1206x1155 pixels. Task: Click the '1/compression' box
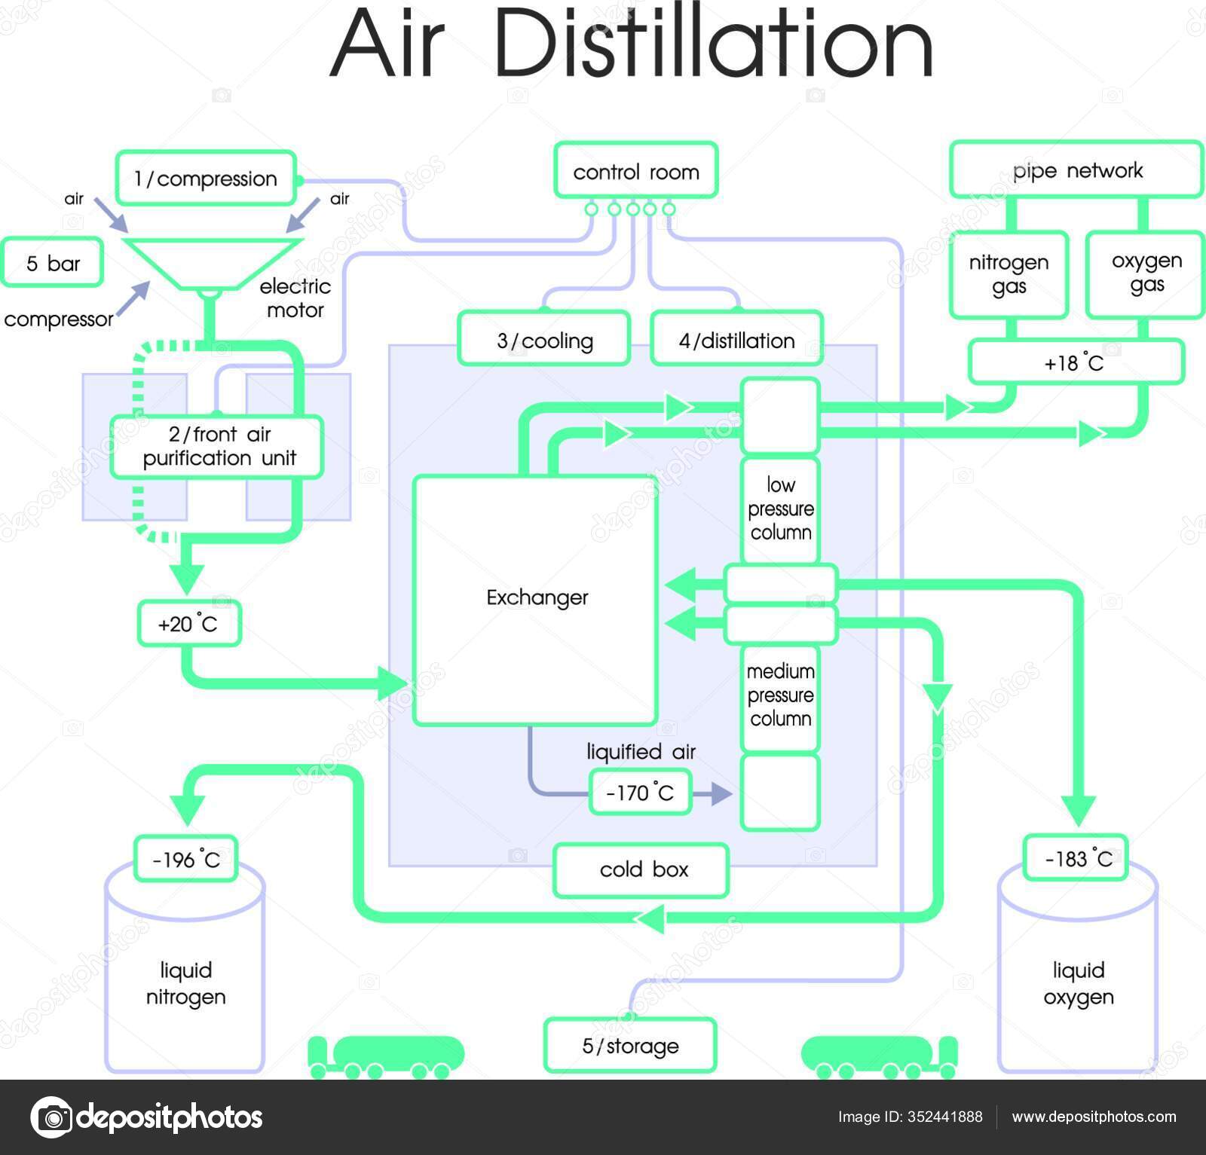pyautogui.click(x=206, y=179)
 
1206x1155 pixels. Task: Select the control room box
pyautogui.click(x=635, y=172)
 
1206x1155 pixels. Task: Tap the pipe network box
pyautogui.click(x=1076, y=170)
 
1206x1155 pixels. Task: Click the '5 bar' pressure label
pyautogui.click(x=53, y=263)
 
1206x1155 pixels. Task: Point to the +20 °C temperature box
pyautogui.click(x=188, y=624)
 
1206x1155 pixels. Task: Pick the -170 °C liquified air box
pyautogui.click(x=639, y=793)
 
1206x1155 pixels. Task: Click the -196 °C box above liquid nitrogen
pyautogui.click(x=185, y=859)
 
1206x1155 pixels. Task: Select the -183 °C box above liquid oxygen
pyautogui.click(x=1076, y=858)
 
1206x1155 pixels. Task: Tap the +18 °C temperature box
pyautogui.click(x=1075, y=363)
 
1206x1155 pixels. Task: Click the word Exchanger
pyautogui.click(x=537, y=597)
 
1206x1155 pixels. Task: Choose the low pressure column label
pyautogui.click(x=780, y=509)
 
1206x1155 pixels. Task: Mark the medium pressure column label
pyautogui.click(x=780, y=695)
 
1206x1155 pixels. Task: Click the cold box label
pyautogui.click(x=642, y=869)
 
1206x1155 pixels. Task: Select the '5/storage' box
pyautogui.click(x=629, y=1046)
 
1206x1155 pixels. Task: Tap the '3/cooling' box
pyautogui.click(x=544, y=341)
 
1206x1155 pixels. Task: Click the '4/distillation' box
pyautogui.click(x=736, y=341)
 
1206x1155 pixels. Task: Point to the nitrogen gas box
pyautogui.click(x=1009, y=274)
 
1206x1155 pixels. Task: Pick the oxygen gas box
pyautogui.click(x=1146, y=273)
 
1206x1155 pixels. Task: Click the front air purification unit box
pyautogui.click(x=218, y=447)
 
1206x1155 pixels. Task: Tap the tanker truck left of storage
pyautogui.click(x=387, y=1055)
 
